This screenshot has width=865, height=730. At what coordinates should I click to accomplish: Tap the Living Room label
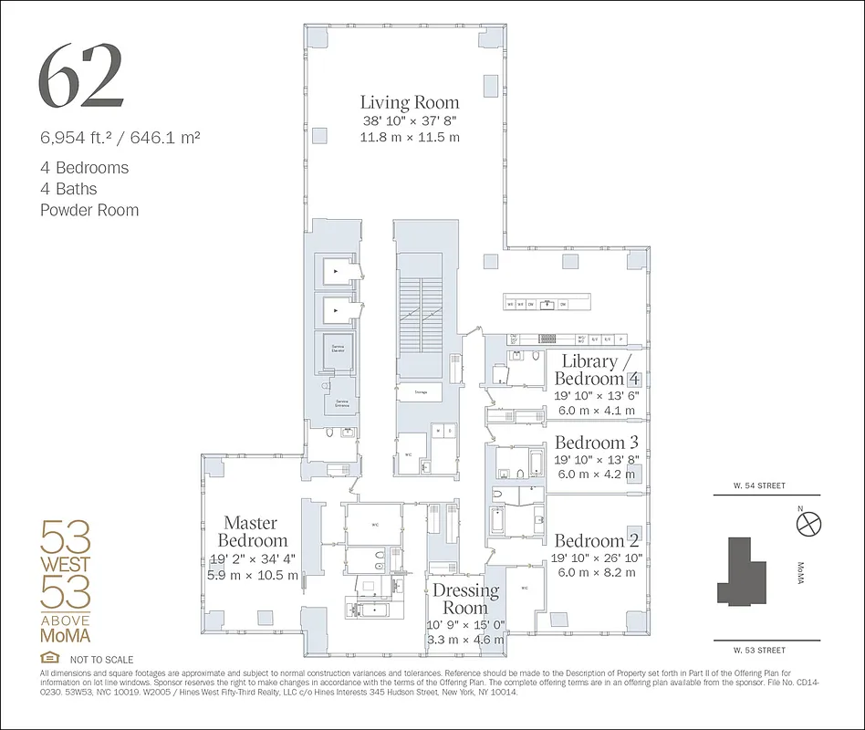click(x=409, y=102)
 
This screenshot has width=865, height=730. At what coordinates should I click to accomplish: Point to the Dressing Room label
click(x=465, y=598)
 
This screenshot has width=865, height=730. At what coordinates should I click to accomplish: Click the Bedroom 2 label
click(x=597, y=539)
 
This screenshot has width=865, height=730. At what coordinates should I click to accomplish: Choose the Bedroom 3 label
click(x=597, y=443)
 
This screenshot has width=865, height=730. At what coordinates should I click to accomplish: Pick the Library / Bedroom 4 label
click(x=598, y=370)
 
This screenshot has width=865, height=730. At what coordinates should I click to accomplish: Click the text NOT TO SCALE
click(x=101, y=659)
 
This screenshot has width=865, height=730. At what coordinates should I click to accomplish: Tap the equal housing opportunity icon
click(x=49, y=658)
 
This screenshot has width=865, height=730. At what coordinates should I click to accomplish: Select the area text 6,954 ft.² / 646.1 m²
click(x=120, y=139)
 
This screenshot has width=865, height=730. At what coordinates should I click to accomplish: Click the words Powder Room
click(x=89, y=210)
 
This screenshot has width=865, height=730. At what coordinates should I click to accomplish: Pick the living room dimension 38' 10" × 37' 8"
click(x=409, y=121)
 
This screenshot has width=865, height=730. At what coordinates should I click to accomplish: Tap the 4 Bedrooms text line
click(x=84, y=168)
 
